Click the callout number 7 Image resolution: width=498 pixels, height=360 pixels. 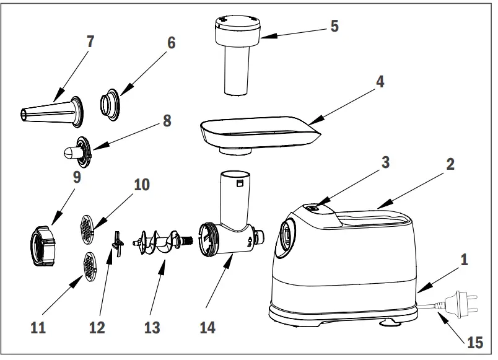point(90,42)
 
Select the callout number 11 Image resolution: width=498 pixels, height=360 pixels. point(38,327)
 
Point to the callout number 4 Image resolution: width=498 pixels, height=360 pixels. point(380,81)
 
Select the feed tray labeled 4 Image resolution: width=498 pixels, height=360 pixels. point(257,132)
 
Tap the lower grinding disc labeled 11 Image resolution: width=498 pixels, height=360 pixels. point(90,266)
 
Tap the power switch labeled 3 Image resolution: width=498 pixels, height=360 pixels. point(314,209)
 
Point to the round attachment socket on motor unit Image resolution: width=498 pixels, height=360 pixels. point(286,237)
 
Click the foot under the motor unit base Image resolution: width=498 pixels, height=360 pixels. point(389,322)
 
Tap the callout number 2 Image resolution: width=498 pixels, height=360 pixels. point(450,164)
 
